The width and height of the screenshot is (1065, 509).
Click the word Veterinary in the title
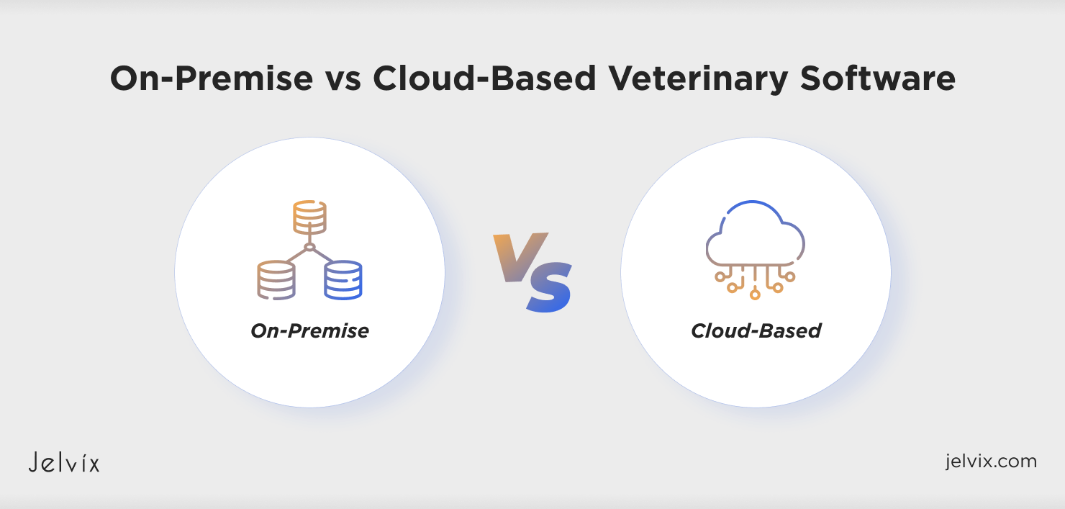coord(698,78)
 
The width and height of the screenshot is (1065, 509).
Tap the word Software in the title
coord(878,78)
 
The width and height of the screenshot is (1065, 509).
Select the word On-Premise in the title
coord(212,78)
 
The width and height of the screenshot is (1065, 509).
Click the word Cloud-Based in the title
coord(484,78)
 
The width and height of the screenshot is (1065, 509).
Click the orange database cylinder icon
coord(309,217)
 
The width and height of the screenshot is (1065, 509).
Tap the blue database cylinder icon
coord(343,280)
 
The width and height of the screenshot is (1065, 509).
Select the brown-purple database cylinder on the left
coord(276,280)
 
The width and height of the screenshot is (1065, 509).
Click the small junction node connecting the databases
coord(309,247)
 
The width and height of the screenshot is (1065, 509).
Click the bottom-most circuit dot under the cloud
coord(755,295)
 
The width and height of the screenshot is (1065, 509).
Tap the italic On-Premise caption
coord(309,331)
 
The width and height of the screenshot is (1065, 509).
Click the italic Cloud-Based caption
coord(756,330)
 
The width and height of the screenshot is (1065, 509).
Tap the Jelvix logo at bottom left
coord(64,462)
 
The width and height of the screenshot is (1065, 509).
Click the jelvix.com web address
coord(991,461)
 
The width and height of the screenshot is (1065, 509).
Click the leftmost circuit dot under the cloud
coord(720,276)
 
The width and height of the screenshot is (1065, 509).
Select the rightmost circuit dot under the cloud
coord(789,276)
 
